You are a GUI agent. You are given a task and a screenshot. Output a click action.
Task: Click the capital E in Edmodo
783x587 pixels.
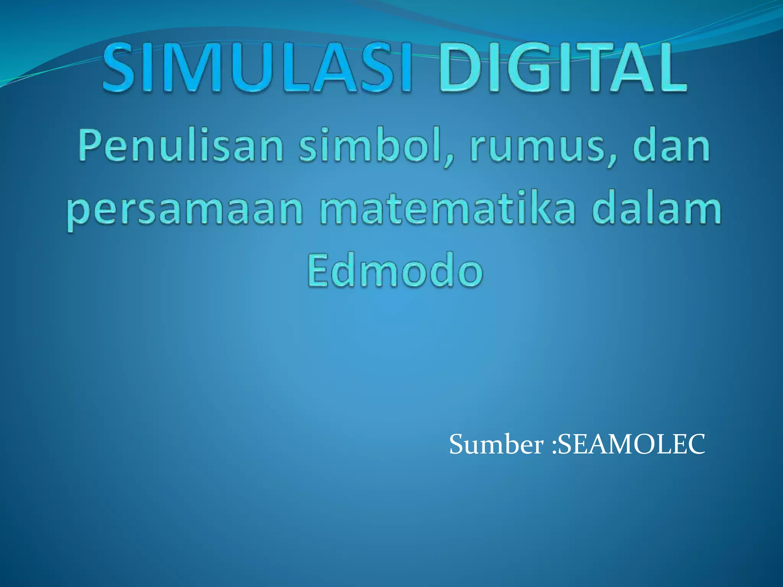pos(320,269)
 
